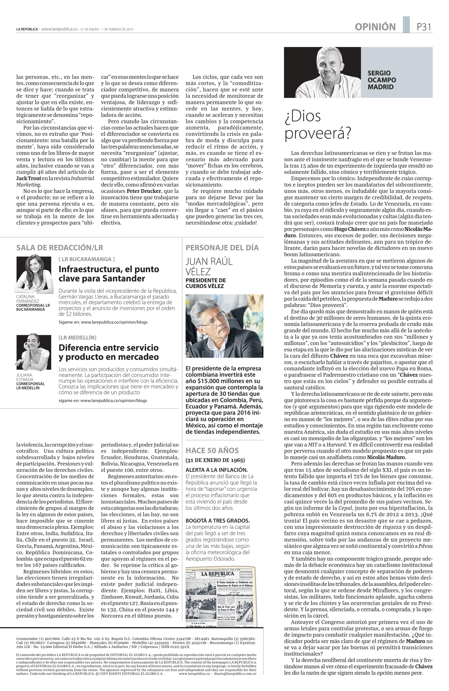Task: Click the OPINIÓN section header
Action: pos(375,27)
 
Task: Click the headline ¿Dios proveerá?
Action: pos(318,125)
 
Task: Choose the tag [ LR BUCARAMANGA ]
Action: pos(87,259)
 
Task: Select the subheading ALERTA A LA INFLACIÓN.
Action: pos(217,469)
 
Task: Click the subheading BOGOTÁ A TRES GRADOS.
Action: pos(217,521)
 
